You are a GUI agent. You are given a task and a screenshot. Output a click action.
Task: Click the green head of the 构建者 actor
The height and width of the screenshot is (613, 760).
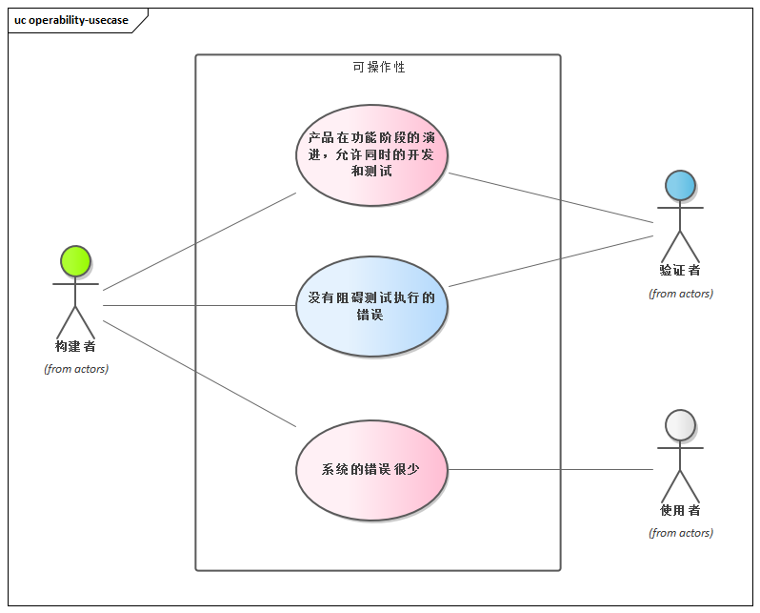tap(75, 260)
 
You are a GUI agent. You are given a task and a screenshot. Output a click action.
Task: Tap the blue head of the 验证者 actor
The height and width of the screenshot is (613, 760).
tap(680, 185)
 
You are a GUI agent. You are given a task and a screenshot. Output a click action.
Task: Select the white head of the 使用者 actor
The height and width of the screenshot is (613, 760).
tap(680, 424)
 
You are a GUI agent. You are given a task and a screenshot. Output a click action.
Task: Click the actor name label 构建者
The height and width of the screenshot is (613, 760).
tap(75, 346)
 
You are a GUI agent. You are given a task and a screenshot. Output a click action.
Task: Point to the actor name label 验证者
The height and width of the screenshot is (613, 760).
tap(680, 271)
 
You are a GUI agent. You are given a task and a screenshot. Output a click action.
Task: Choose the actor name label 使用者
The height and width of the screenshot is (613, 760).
tap(680, 510)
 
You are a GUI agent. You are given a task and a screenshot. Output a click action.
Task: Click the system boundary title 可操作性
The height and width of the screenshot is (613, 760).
tap(378, 68)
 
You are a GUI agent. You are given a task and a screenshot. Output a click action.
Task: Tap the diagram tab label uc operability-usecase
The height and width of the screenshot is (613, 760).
tap(71, 20)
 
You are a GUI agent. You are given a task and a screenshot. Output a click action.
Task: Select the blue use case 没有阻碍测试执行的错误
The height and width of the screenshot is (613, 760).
tap(371, 306)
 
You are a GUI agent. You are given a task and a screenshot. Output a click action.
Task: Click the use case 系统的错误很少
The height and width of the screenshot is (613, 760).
tap(371, 470)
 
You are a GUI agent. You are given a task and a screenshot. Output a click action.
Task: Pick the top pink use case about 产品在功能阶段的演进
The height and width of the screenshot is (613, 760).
tap(371, 155)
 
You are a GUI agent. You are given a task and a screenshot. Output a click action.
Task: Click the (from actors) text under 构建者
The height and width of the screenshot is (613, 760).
tap(76, 369)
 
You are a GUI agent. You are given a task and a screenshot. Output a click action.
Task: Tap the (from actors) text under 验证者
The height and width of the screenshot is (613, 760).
tap(681, 294)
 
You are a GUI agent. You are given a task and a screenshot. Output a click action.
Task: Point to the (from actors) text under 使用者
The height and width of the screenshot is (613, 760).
tap(681, 533)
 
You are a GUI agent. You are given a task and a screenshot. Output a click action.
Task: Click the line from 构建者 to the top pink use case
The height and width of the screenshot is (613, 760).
tap(200, 241)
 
